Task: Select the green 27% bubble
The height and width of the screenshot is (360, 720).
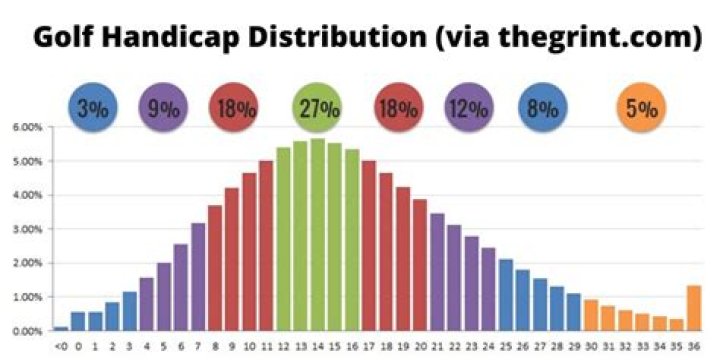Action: coord(317,108)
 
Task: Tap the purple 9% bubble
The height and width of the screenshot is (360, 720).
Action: coord(165,108)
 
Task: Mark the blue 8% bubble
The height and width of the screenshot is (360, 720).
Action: coord(545,108)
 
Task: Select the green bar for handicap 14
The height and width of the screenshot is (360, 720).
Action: coord(317,235)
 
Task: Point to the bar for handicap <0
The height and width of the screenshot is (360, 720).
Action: coord(61,328)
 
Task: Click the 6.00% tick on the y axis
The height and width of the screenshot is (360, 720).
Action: coord(26,127)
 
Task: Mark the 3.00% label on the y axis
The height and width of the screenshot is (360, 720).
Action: coord(26,229)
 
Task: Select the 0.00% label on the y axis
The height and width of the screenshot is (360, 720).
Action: coord(26,331)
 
